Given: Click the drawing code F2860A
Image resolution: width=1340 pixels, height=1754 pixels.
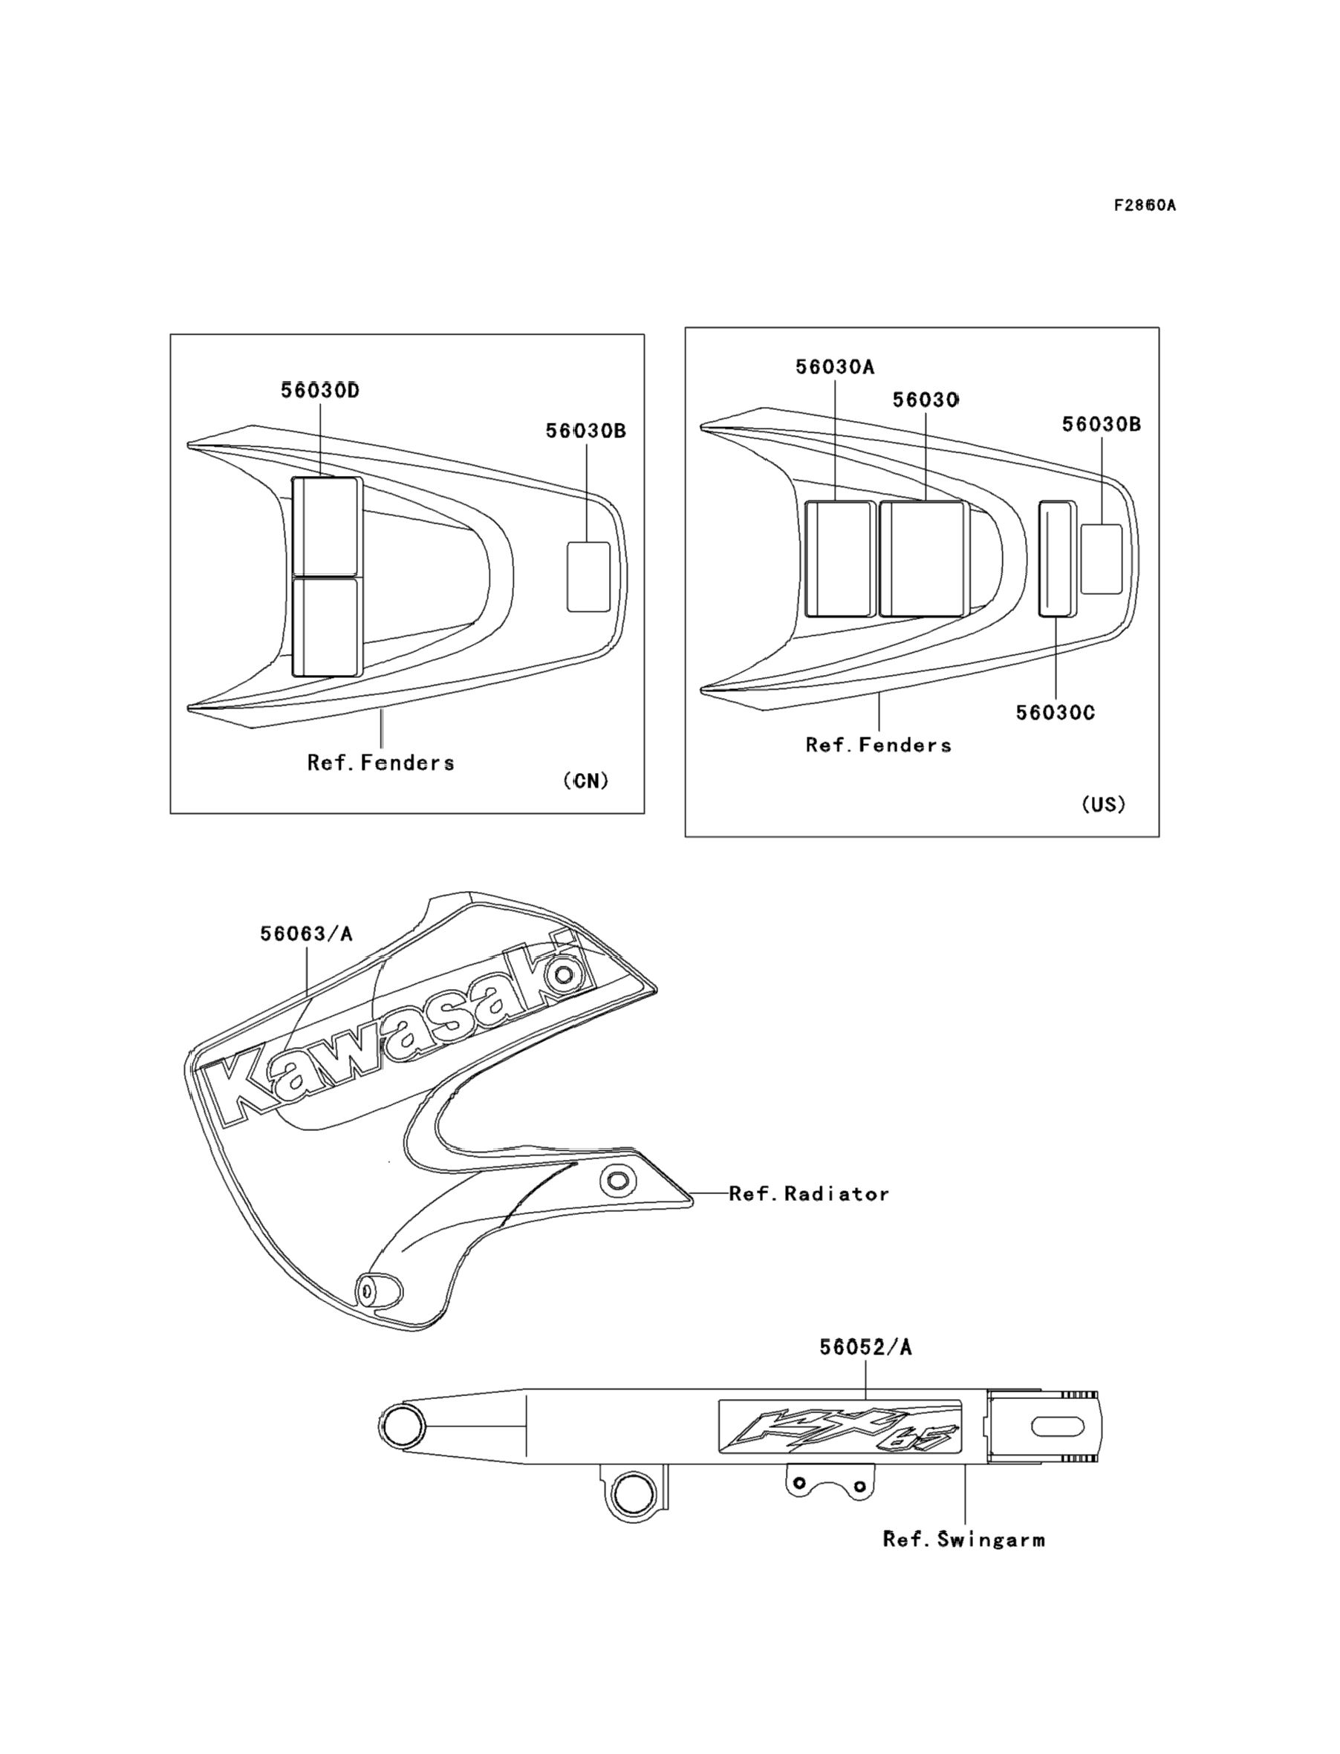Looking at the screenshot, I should [1145, 206].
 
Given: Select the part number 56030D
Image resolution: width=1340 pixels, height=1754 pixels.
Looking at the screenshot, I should [320, 390].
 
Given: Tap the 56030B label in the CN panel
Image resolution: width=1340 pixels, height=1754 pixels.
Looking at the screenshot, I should [585, 431].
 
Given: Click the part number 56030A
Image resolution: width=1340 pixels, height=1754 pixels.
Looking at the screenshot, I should [834, 367].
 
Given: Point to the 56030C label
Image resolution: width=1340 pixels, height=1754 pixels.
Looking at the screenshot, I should [1055, 713].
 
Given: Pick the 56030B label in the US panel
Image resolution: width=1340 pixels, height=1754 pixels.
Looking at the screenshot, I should [1101, 424].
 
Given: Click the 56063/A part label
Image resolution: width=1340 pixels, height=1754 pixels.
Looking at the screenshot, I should [305, 933].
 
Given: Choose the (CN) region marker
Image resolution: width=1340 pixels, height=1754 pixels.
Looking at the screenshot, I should [585, 781].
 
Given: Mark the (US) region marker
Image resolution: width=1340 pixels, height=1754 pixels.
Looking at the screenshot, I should [1103, 804].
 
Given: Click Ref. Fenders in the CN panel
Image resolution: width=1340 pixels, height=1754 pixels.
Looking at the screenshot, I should [380, 763].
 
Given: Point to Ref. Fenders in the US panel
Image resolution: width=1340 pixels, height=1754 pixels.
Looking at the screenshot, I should [878, 746].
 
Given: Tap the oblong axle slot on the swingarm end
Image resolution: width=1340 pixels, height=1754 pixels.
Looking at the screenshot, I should [1058, 1427].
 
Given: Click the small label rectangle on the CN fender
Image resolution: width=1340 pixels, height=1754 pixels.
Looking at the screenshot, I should [588, 577].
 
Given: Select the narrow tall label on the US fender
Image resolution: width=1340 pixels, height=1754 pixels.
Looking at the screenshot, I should [1057, 559].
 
